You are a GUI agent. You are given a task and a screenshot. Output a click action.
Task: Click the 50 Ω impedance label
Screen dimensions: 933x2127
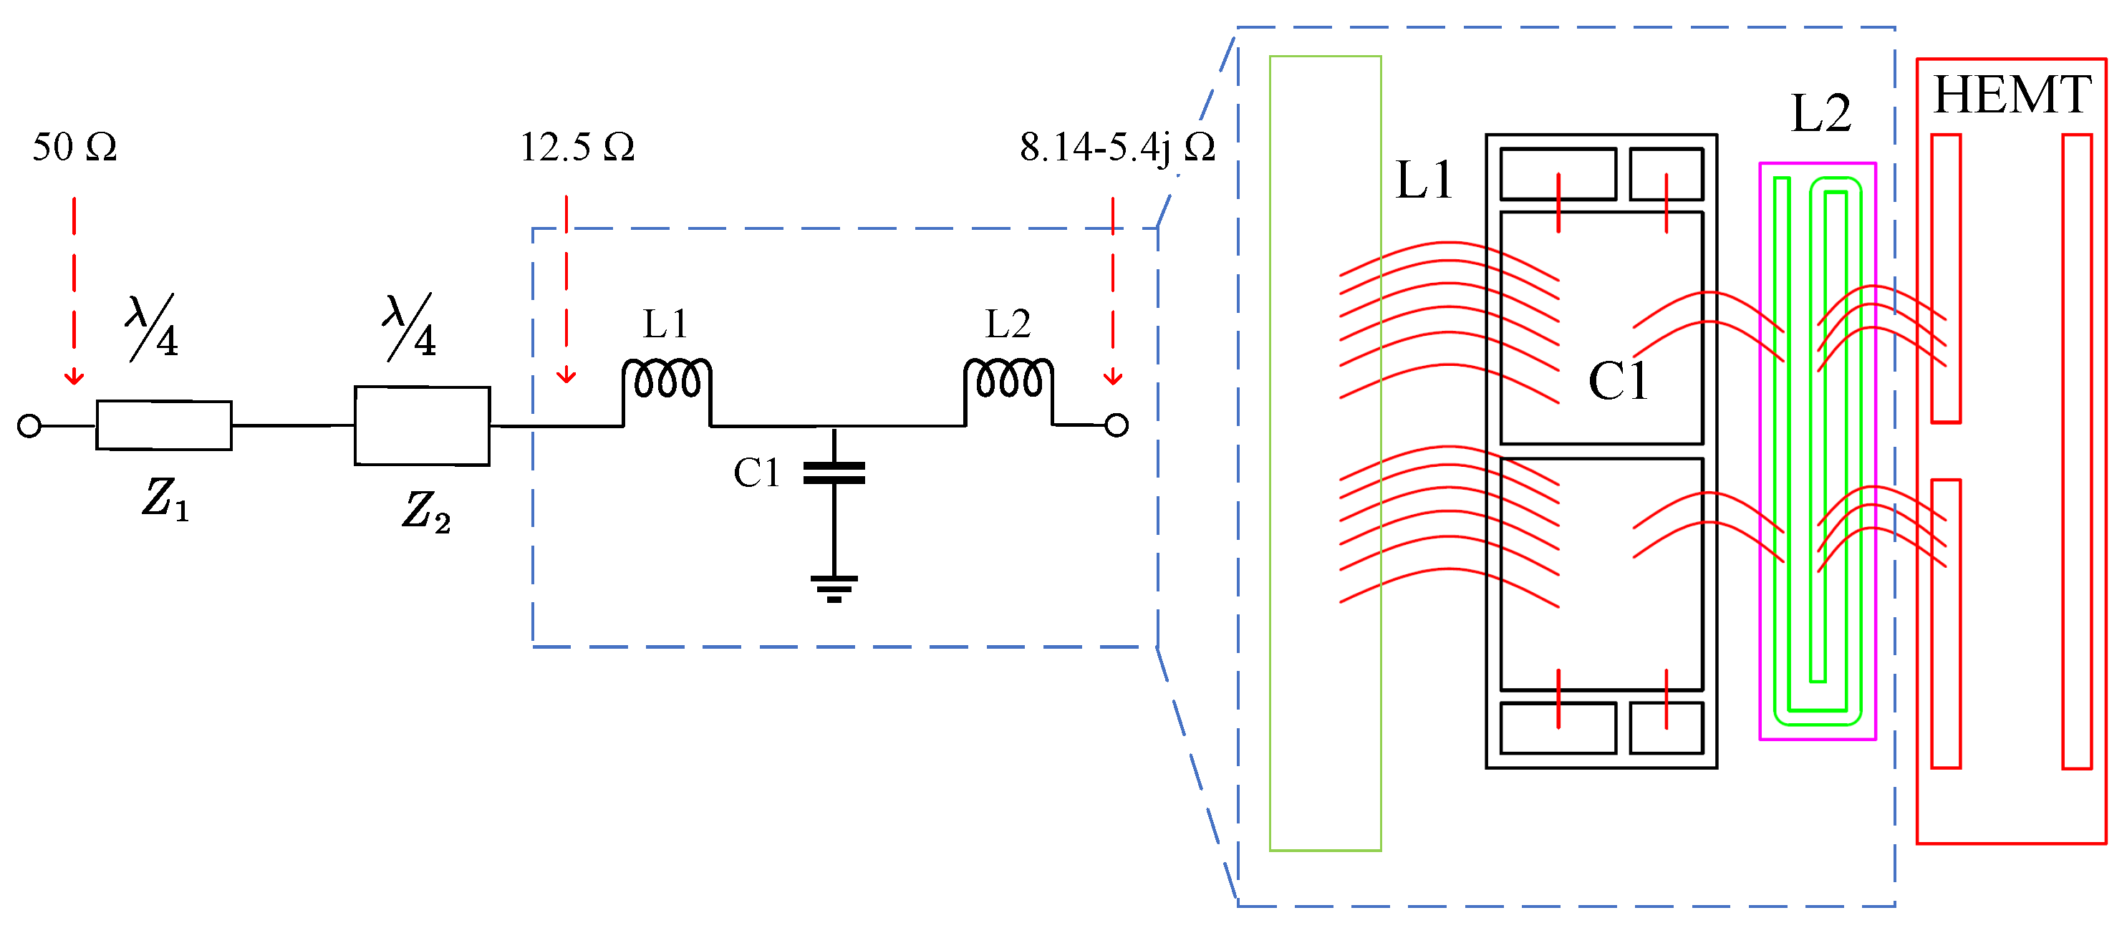74,147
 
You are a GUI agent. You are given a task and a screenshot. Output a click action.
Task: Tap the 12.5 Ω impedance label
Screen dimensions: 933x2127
577,147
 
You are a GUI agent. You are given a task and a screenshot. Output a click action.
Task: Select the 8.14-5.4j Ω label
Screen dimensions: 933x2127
1117,147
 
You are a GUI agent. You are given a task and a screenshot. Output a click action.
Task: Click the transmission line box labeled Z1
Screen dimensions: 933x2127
163,425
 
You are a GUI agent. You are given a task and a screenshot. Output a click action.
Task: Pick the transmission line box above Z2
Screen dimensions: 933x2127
422,425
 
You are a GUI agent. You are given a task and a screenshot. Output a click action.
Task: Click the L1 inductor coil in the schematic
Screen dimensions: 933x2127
666,381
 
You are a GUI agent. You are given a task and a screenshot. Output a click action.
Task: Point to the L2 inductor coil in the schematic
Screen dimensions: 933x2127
1008,381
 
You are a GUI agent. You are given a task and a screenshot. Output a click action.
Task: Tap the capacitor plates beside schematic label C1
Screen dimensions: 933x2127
834,473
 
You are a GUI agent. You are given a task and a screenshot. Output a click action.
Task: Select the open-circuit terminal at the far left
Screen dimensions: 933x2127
29,426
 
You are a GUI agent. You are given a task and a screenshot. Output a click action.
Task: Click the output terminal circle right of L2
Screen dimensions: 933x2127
1116,425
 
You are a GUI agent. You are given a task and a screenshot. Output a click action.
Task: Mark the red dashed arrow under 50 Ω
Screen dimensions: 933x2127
74,289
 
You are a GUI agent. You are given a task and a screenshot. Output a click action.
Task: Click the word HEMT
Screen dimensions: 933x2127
2012,95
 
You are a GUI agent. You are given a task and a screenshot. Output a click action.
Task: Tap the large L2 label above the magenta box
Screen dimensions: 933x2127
1820,113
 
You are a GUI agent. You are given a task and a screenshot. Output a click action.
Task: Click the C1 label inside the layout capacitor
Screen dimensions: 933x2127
1616,381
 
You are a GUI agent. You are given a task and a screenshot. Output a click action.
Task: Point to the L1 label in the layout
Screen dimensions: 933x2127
1424,179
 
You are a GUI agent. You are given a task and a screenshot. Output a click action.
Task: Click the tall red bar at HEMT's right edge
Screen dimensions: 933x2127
2077,451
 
